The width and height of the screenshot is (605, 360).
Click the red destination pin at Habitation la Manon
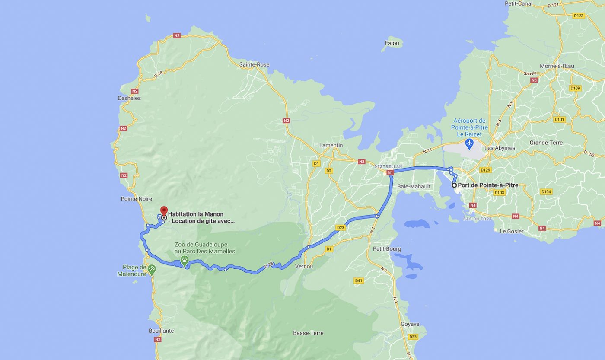coord(164,211)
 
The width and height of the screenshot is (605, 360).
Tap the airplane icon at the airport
coord(469,143)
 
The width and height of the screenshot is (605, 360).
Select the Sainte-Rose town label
coord(254,64)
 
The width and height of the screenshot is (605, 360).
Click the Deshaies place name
coord(129,98)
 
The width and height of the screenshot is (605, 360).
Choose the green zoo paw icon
coord(185,260)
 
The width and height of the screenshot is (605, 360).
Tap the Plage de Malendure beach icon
coord(151,269)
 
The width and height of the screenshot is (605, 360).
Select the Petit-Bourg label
coord(386,249)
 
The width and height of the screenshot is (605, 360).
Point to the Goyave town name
coord(410,324)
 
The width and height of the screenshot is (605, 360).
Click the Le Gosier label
coord(511,231)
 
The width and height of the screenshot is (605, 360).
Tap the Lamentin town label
coord(331,145)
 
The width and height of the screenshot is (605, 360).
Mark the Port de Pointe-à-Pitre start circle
coord(454,185)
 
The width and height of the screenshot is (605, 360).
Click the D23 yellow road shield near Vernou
coord(341,227)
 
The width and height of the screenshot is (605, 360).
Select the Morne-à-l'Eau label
coord(557,66)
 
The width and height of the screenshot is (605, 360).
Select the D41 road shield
coord(358,281)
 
